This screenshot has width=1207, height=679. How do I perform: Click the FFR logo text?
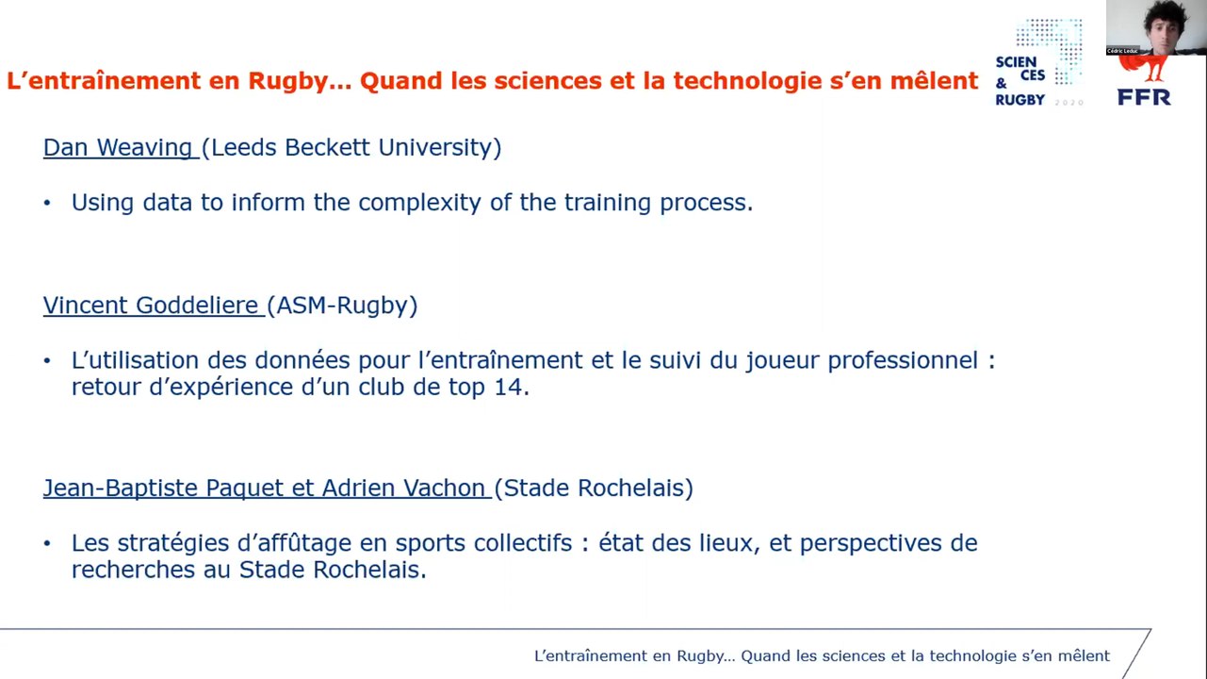tap(1144, 96)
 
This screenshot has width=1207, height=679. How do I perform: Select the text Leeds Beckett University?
tap(351, 148)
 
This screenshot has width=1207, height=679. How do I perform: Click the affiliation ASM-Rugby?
tap(342, 306)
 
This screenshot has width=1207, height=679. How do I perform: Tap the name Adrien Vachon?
tap(403, 488)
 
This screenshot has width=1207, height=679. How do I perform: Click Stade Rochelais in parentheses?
tap(594, 488)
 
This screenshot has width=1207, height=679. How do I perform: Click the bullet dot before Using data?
tap(47, 203)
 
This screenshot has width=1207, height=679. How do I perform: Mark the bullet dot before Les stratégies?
tap(47, 543)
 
